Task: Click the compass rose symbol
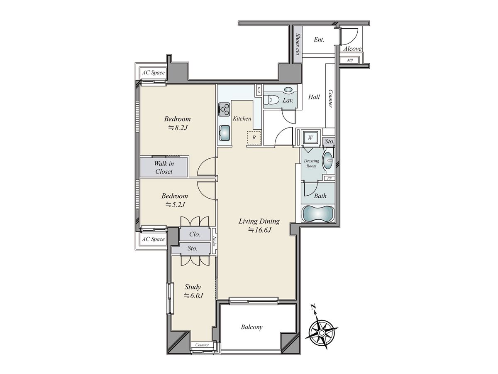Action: (321, 333)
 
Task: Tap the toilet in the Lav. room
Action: (271, 100)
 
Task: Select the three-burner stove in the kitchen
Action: (224, 109)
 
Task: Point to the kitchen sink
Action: (225, 133)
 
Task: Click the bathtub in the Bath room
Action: (318, 214)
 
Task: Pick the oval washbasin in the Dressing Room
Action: (328, 160)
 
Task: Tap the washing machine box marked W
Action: (310, 137)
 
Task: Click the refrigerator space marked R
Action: (254, 138)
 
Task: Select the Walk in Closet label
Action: (164, 167)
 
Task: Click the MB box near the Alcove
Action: (349, 60)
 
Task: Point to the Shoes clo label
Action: (298, 44)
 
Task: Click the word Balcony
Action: (251, 327)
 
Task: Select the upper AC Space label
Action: (154, 73)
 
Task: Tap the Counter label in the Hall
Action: (330, 98)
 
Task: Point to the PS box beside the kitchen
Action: (259, 90)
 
